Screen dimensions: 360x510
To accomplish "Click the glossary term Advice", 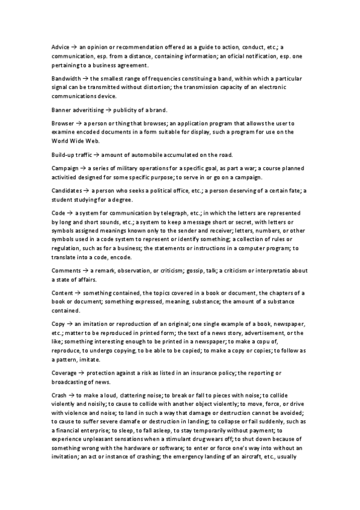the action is pos(61,46).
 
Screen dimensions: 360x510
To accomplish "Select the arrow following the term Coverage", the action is pos(82,372).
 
